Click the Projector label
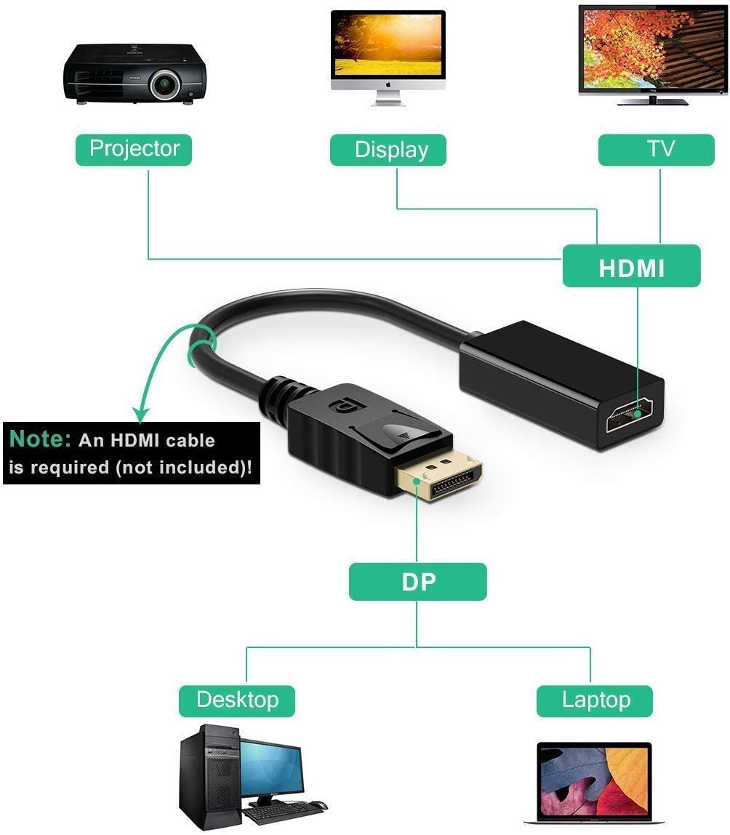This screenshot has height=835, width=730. pyautogui.click(x=134, y=149)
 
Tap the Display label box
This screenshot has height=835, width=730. pyautogui.click(x=391, y=150)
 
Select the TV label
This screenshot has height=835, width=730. pyautogui.click(x=660, y=149)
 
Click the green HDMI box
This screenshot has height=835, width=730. pyautogui.click(x=631, y=267)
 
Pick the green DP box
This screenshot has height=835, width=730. pyautogui.click(x=417, y=582)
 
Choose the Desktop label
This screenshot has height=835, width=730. pyautogui.click(x=237, y=700)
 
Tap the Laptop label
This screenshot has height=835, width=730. pyautogui.click(x=595, y=700)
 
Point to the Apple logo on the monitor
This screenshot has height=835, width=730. pyautogui.click(x=388, y=84)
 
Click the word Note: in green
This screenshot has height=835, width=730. pyautogui.click(x=40, y=439)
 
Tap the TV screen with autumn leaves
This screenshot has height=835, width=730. pyautogui.click(x=652, y=47)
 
